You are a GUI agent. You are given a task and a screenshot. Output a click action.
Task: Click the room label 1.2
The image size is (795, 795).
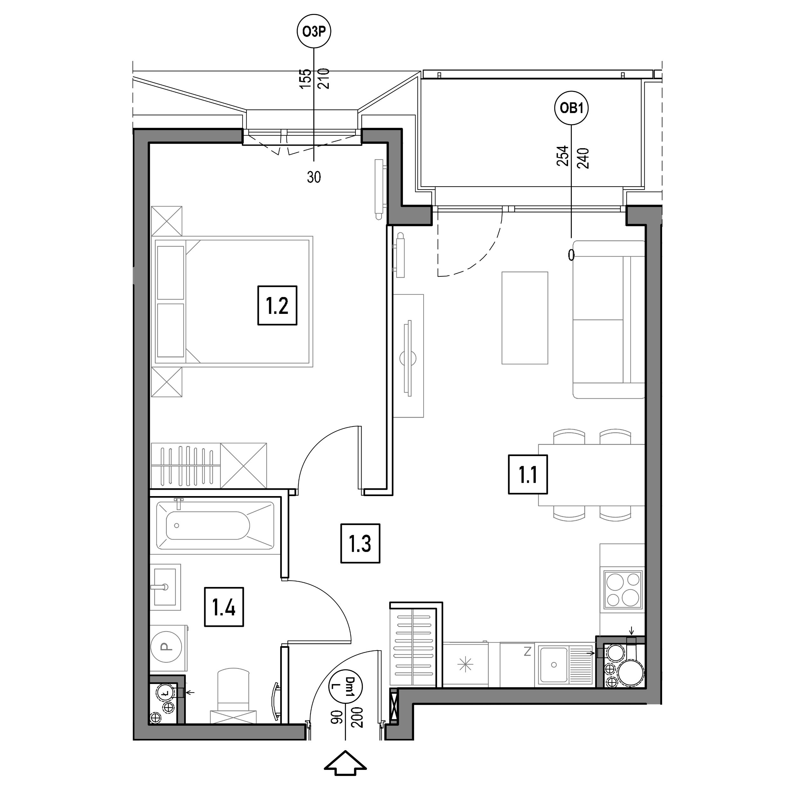[277, 305]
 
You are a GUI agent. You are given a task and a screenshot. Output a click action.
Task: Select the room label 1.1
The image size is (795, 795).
[528, 474]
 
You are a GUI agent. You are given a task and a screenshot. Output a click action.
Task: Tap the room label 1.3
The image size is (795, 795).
[360, 543]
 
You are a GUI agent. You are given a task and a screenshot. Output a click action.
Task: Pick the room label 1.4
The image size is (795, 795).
[224, 607]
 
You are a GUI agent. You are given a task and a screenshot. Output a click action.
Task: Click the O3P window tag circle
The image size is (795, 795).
[314, 32]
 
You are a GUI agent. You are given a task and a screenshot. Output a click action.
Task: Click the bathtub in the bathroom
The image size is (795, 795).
[215, 525]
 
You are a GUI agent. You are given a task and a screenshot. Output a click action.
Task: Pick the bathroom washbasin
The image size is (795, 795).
[165, 587]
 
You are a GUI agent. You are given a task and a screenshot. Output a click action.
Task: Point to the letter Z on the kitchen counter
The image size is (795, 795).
[528, 651]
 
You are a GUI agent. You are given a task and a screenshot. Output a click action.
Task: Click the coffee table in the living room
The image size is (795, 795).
[525, 318]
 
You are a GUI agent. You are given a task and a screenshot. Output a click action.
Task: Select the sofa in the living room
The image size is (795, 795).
[609, 319]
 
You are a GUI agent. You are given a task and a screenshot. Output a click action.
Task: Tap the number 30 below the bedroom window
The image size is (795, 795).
[314, 177]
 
